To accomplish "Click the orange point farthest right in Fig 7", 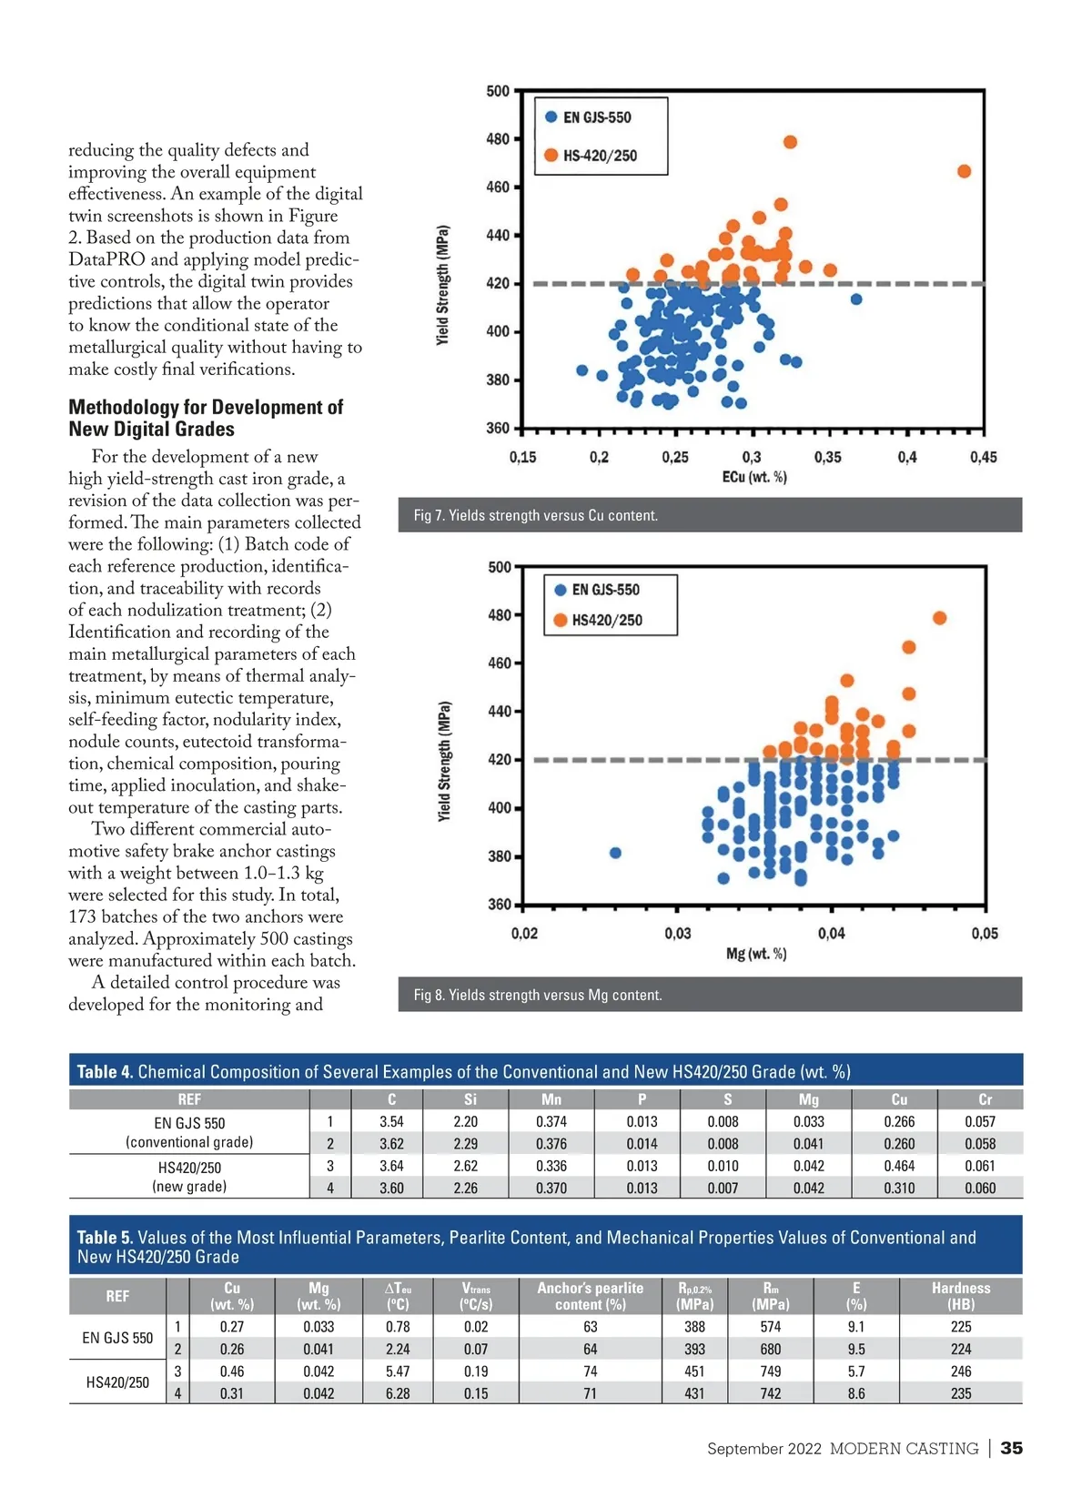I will click(964, 171).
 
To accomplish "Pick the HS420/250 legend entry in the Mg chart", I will click(606, 621).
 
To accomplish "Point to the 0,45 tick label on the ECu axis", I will click(983, 457).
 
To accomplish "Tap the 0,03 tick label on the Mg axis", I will click(677, 933).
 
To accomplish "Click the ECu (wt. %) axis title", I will click(754, 477).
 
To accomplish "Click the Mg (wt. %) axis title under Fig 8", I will click(756, 954).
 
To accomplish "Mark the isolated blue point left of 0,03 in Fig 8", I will click(615, 853).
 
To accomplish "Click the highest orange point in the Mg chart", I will click(939, 618).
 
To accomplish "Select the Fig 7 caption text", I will click(535, 515).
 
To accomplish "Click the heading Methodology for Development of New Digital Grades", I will click(206, 418).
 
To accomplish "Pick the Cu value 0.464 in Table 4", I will click(899, 1166).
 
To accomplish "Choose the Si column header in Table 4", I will click(470, 1099).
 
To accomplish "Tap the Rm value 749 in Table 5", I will click(770, 1371).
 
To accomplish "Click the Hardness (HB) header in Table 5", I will click(960, 1296).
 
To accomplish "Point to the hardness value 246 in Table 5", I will click(960, 1371).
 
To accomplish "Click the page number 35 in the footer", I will click(1011, 1448).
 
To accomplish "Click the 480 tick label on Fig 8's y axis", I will click(500, 615).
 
